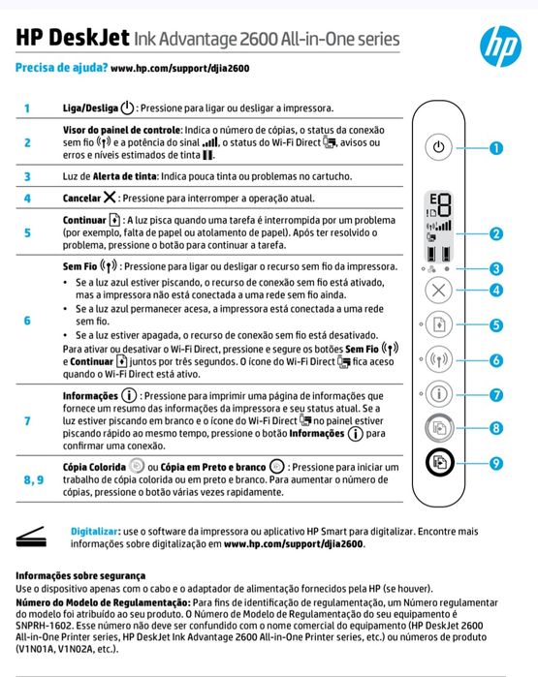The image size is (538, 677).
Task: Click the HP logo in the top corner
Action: point(500,43)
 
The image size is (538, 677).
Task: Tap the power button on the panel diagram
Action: point(439,148)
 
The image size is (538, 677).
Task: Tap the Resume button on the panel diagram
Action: point(439,325)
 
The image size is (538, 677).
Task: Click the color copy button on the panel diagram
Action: point(439,427)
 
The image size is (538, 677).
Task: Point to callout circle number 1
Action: point(496,148)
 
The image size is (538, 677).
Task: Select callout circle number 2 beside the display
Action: point(496,233)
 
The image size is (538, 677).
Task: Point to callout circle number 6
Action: point(496,360)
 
